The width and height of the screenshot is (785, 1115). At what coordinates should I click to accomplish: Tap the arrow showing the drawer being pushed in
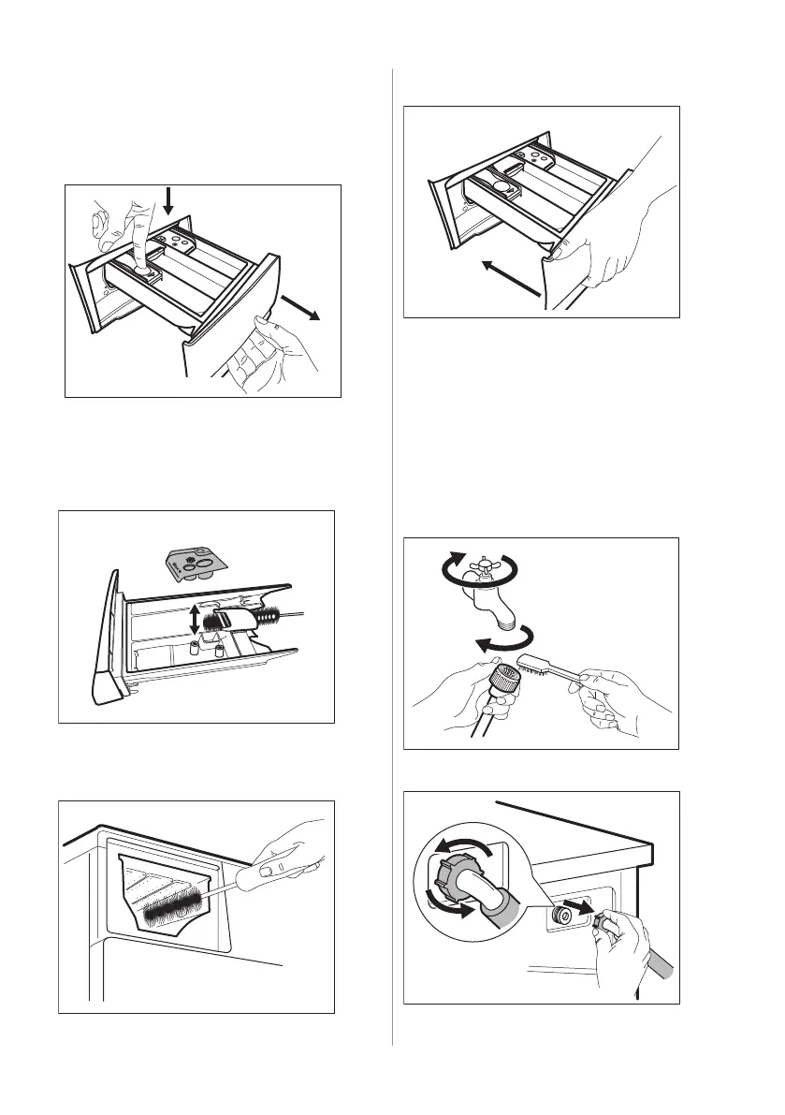pyautogui.click(x=509, y=280)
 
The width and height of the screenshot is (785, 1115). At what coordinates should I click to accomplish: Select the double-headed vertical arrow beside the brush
pyautogui.click(x=195, y=619)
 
